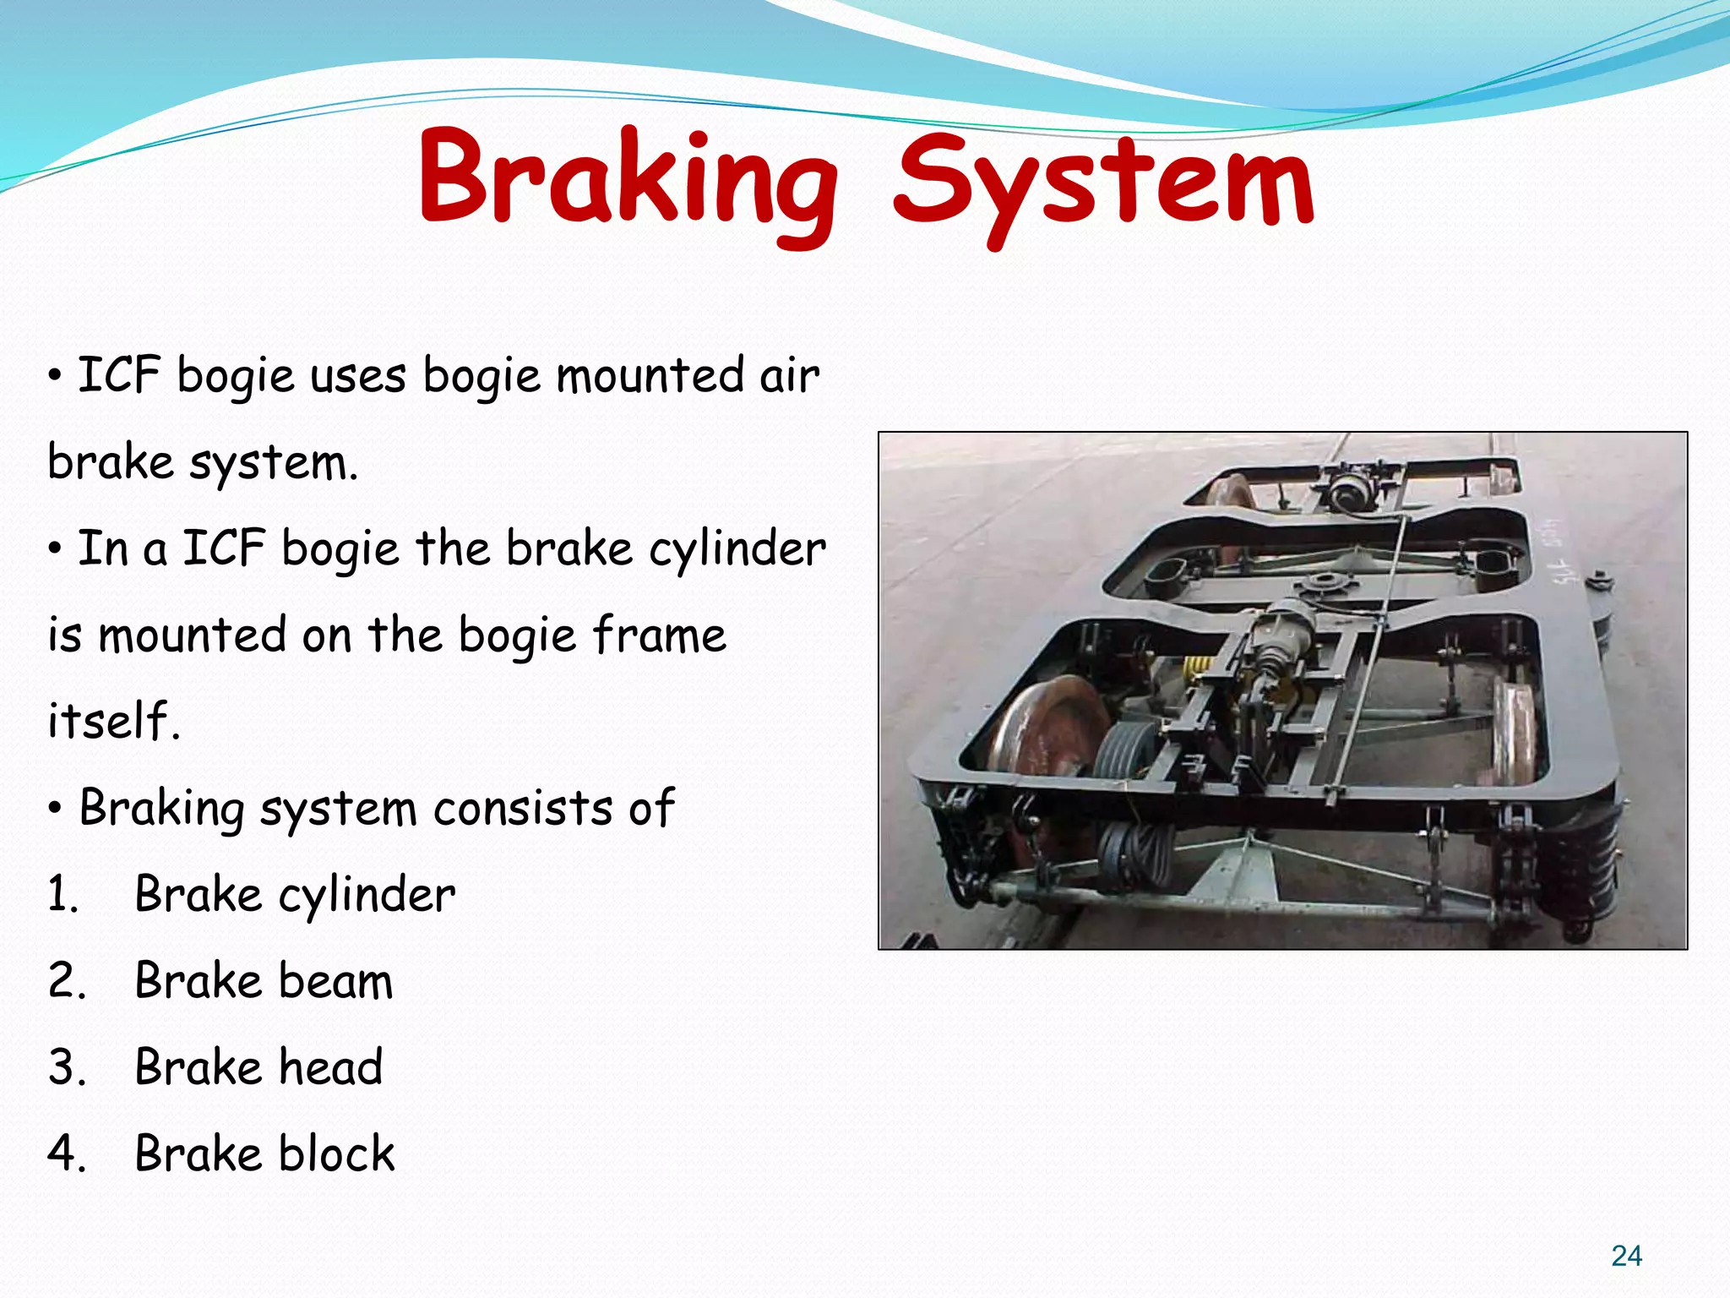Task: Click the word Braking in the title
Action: pos(627,179)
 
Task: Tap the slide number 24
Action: pos(1626,1256)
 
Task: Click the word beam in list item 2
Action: pos(335,982)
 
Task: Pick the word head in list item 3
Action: pos(330,1067)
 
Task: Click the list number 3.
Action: pos(67,1067)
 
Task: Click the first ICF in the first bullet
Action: pos(119,376)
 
